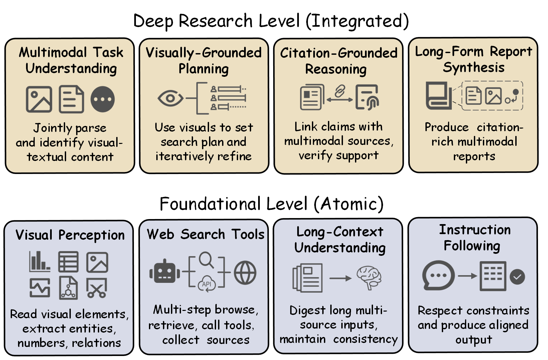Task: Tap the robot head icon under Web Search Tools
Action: (164, 272)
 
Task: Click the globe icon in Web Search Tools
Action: (245, 273)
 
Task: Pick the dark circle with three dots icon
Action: (103, 99)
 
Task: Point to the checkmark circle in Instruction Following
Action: (517, 277)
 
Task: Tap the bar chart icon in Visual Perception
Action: (39, 261)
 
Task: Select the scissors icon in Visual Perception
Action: (97, 288)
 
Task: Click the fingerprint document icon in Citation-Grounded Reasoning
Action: (367, 97)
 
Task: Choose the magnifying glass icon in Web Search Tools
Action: (206, 260)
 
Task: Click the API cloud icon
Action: (207, 284)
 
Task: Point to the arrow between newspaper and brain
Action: (340, 278)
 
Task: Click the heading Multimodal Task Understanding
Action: (71, 60)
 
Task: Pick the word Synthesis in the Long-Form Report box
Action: (474, 67)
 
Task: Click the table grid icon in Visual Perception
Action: (68, 262)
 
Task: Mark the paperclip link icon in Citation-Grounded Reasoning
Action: (340, 91)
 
